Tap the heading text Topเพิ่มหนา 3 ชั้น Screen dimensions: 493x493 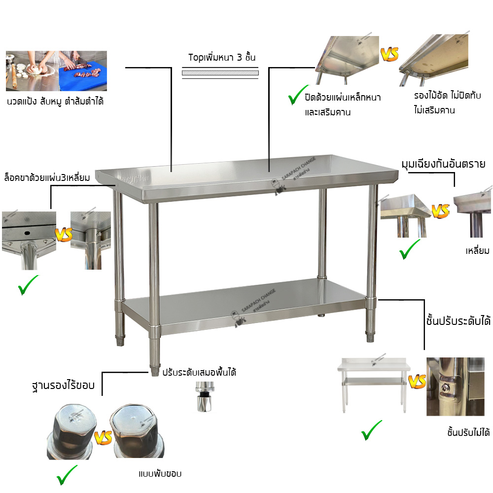pyautogui.click(x=222, y=58)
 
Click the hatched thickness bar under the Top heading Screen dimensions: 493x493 pyautogui.click(x=220, y=73)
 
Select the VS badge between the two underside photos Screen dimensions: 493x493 pyautogui.click(x=389, y=54)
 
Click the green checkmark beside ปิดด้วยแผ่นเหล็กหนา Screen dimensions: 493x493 pyautogui.click(x=298, y=95)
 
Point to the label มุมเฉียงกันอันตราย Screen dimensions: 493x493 pyautogui.click(x=443, y=164)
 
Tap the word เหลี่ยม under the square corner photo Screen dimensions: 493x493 pyautogui.click(x=477, y=251)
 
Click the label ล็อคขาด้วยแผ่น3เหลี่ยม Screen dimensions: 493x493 pyautogui.click(x=47, y=177)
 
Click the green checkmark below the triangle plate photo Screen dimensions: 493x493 pyautogui.click(x=28, y=285)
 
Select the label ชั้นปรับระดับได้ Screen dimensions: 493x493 pyautogui.click(x=458, y=321)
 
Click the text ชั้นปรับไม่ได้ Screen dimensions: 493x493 pyautogui.click(x=468, y=433)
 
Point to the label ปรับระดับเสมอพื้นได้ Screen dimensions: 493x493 pyautogui.click(x=199, y=373)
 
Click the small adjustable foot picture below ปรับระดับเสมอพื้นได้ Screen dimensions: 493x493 pyautogui.click(x=205, y=397)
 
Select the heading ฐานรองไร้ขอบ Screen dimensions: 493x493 pyautogui.click(x=63, y=386)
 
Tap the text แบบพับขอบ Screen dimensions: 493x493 pyautogui.click(x=160, y=474)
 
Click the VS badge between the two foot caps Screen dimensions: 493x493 pyautogui.click(x=103, y=437)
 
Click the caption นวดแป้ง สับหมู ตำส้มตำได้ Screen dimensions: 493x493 pyautogui.click(x=55, y=102)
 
